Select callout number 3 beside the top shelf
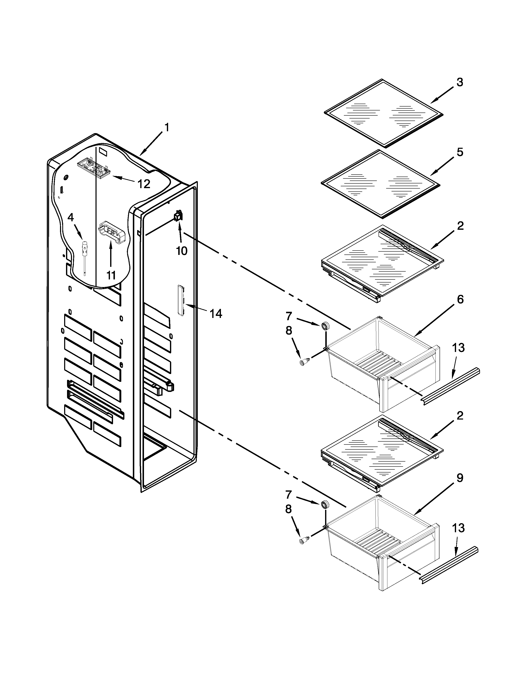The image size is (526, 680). [x=460, y=82]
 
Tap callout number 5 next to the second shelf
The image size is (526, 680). [x=460, y=152]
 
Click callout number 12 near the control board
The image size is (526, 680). [x=144, y=184]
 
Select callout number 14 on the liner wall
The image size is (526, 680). [x=216, y=314]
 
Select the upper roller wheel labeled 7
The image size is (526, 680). [x=325, y=326]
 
